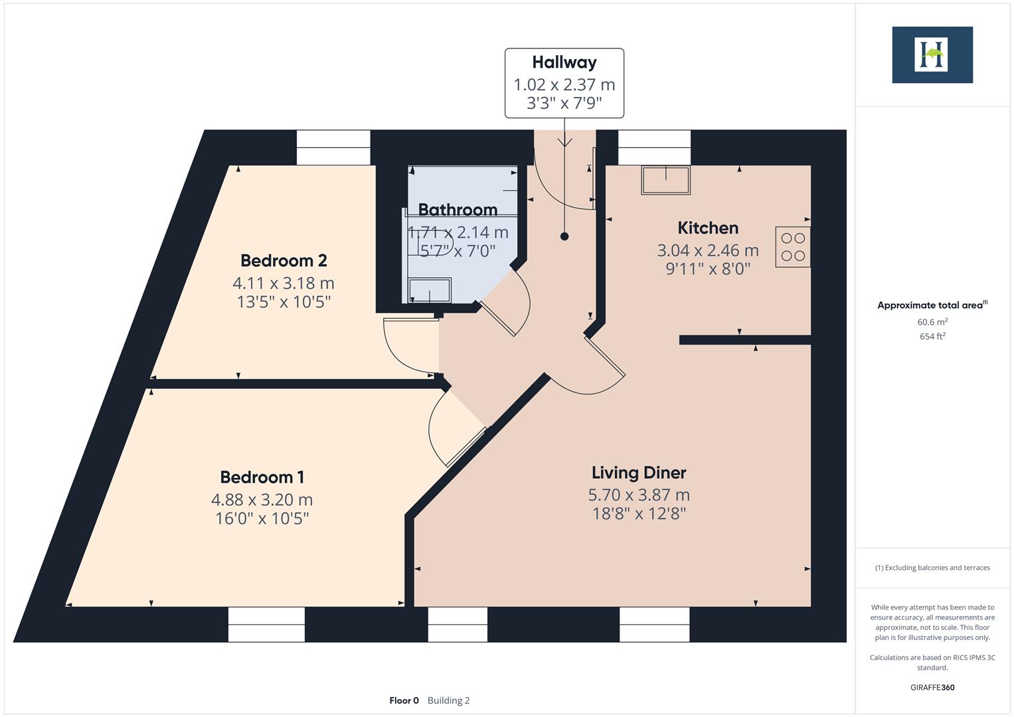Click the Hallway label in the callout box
tap(564, 62)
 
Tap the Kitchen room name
tap(708, 228)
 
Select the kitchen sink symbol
tap(665, 180)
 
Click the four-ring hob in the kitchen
tap(792, 247)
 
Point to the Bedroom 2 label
tap(284, 260)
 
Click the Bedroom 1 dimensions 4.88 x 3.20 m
tap(262, 499)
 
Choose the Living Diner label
tap(639, 473)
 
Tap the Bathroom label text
tap(458, 210)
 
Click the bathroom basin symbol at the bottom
tap(429, 290)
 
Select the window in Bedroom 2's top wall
tap(333, 147)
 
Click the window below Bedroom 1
tap(266, 624)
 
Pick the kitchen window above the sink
tap(654, 147)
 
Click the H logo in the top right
tap(932, 54)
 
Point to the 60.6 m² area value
tap(932, 322)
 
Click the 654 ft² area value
tap(932, 337)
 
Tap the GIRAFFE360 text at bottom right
tap(932, 687)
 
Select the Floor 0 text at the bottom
tap(404, 700)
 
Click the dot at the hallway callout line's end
tap(564, 236)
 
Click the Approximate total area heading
tap(932, 305)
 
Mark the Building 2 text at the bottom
tap(448, 700)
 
